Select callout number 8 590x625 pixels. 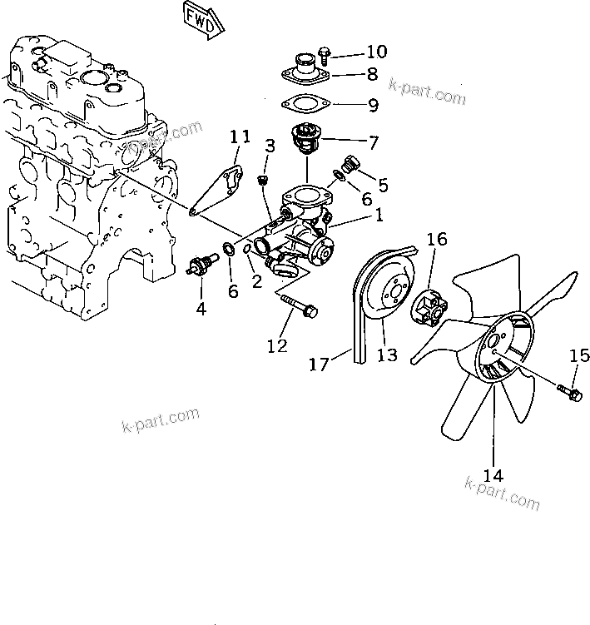click(372, 75)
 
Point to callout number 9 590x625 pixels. click(372, 106)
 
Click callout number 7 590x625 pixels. click(373, 143)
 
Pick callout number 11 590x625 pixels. click(240, 136)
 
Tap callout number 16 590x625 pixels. click(437, 241)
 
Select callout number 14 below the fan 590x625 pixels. click(493, 475)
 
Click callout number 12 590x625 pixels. click(276, 345)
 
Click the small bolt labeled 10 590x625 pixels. click(324, 56)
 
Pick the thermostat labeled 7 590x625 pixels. click(305, 137)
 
